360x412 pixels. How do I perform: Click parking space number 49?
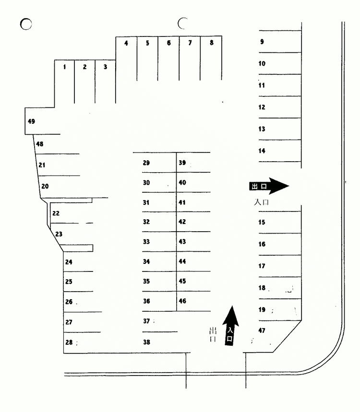(31, 121)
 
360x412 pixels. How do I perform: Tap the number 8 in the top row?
(211, 43)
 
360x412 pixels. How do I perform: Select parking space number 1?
(64, 67)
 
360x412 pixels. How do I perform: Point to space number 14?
(262, 151)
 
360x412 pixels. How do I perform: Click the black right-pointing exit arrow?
(269, 186)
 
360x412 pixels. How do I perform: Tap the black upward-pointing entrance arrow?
(230, 326)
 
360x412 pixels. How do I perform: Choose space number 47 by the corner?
(262, 330)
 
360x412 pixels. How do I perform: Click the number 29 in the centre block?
(146, 163)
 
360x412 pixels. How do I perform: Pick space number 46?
(182, 301)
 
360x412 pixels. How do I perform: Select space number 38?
(146, 342)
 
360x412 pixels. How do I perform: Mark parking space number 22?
(56, 213)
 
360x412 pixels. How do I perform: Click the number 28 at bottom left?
(69, 342)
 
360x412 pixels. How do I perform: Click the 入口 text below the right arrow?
(261, 202)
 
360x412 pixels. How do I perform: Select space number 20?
(45, 186)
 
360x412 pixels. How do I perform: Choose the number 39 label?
(182, 163)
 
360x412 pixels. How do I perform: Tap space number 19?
(262, 309)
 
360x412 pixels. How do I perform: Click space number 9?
(262, 42)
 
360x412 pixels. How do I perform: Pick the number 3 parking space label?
(105, 67)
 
